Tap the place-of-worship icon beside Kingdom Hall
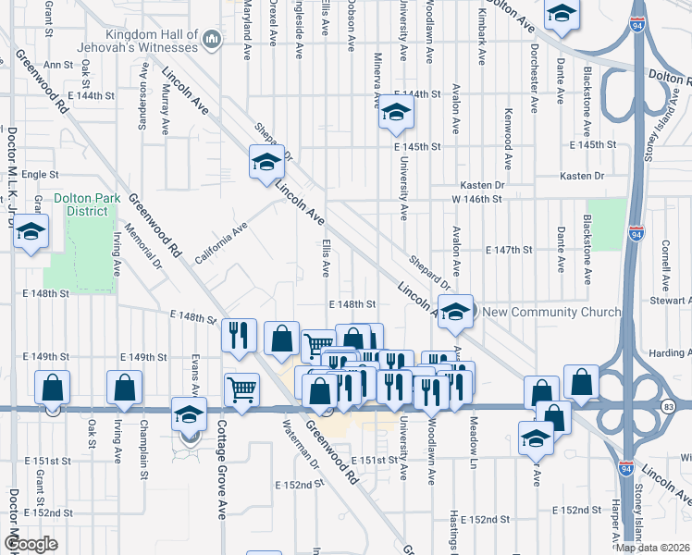[211, 39]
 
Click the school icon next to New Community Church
[455, 312]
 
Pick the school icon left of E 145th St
[396, 114]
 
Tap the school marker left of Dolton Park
[31, 233]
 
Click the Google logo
[30, 544]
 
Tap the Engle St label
[40, 174]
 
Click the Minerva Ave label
[377, 93]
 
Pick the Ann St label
[57, 65]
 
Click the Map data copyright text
[653, 547]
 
